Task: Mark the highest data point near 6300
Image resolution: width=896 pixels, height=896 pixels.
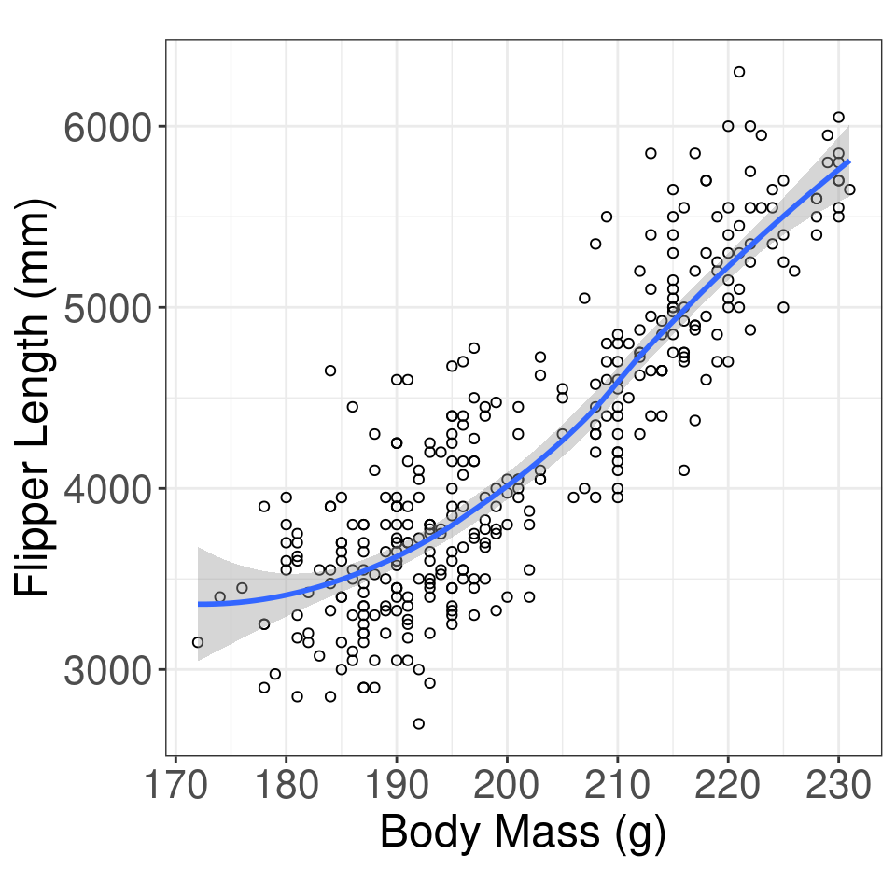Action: [739, 72]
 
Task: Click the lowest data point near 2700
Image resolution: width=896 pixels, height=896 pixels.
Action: [419, 723]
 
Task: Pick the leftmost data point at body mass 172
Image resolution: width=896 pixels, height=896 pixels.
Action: [198, 642]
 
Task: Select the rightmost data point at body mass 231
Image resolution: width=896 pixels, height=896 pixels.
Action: [849, 189]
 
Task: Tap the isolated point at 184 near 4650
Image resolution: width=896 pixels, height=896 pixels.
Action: [330, 371]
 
